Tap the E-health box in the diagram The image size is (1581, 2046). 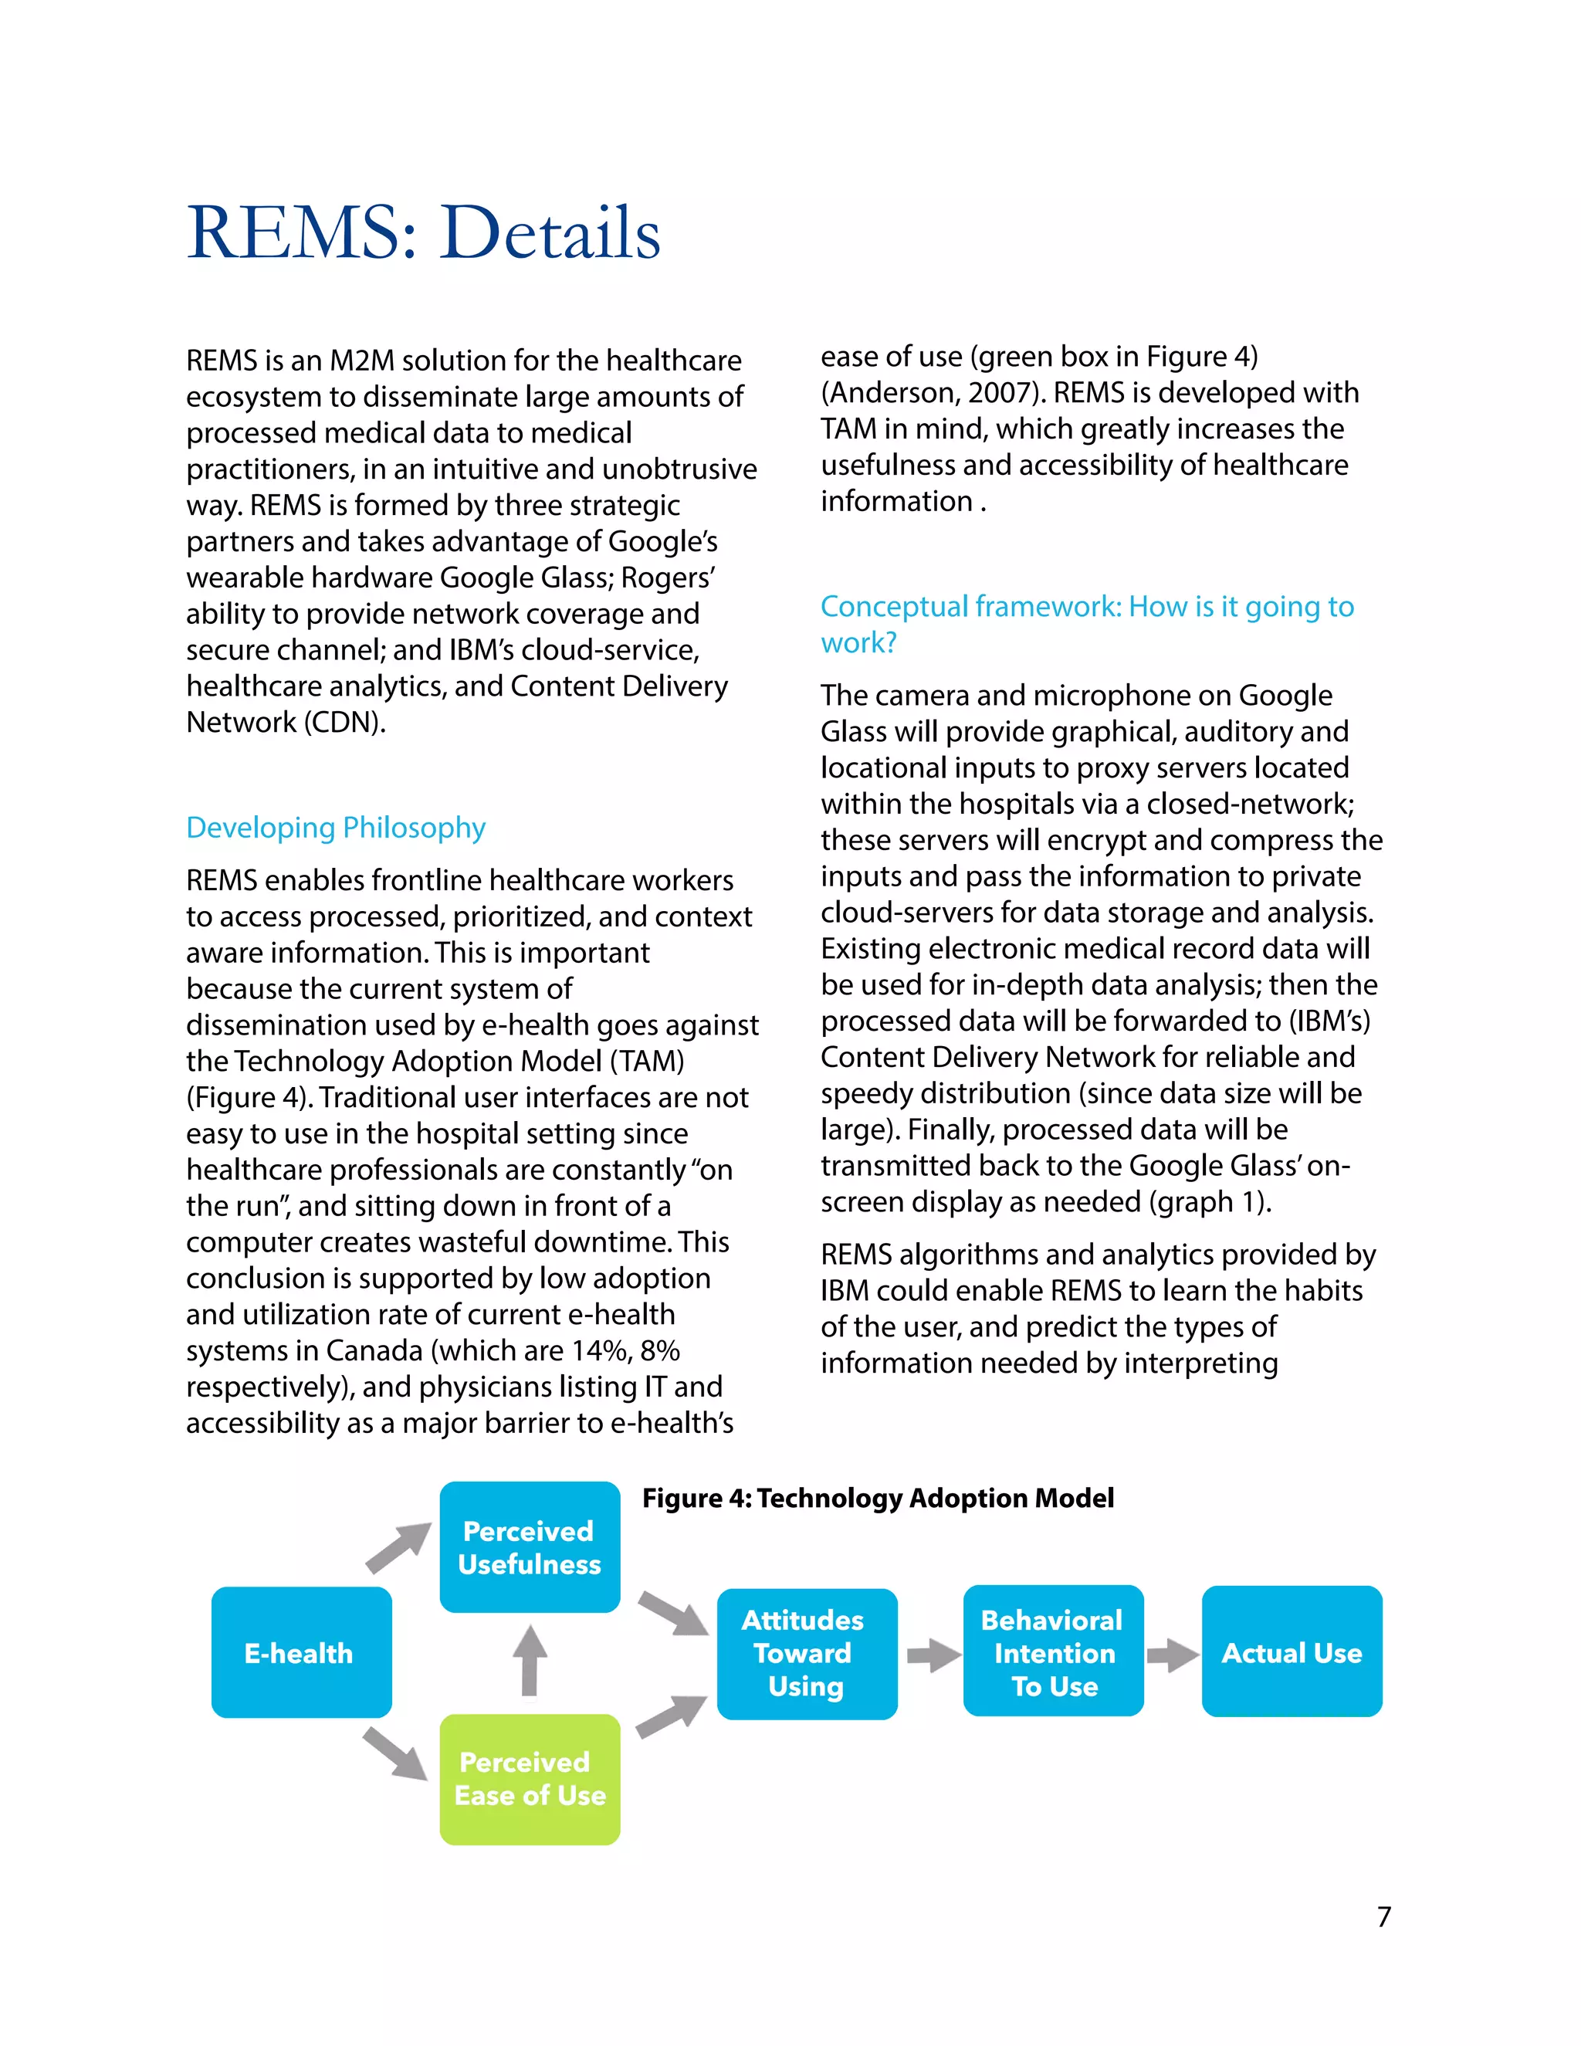point(300,1652)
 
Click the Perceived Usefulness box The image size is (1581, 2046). point(529,1547)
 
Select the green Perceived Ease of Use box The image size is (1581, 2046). point(529,1779)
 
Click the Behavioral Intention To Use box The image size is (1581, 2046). point(1053,1652)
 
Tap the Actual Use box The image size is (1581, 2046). point(1291,1652)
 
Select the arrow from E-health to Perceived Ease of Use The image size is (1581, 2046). point(395,1753)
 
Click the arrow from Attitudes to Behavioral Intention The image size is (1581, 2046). point(933,1655)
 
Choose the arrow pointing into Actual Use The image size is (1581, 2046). point(1172,1655)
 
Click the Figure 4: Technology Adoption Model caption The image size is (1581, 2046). point(878,1498)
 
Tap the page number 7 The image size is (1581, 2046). point(1383,1917)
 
